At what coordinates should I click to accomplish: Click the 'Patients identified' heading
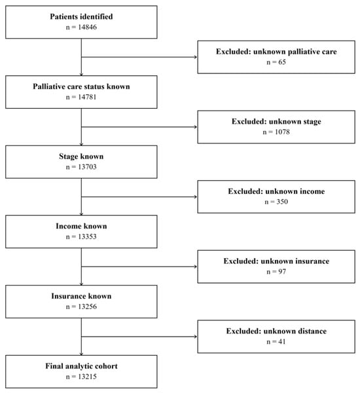point(81,16)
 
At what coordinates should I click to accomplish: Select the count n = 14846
point(81,27)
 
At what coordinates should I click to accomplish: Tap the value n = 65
point(276,62)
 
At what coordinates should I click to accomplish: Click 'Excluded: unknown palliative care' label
point(276,52)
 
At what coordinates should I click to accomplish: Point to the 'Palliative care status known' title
point(81,86)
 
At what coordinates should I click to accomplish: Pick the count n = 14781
point(81,97)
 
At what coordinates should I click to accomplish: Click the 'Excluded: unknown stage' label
point(276,122)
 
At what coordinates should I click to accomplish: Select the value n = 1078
point(276,132)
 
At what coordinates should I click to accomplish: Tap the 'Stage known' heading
point(81,157)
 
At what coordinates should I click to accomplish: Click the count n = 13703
point(81,166)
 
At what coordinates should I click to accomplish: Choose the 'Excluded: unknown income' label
point(276,191)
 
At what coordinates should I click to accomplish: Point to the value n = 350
point(276,202)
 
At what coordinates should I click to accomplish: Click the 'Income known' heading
point(81,226)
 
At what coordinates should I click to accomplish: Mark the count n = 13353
point(81,236)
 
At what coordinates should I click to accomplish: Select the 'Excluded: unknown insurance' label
point(276,261)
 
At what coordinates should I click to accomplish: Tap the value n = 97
point(276,272)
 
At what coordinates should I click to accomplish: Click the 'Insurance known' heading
point(81,296)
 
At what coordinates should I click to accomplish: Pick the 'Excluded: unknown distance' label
point(276,331)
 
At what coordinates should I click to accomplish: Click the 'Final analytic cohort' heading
point(81,366)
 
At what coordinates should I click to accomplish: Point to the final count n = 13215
point(81,377)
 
